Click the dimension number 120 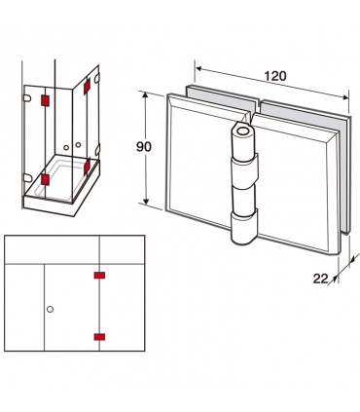coord(275,76)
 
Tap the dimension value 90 coord(144,147)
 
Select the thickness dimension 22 coord(320,279)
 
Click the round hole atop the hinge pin coord(242,131)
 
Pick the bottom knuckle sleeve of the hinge coord(244,226)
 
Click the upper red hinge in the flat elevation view coord(99,276)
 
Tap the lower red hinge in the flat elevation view coord(99,337)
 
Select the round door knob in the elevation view coord(50,309)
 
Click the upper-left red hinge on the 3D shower coord(45,100)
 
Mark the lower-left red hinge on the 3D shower coord(45,179)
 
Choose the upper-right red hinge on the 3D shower coord(87,87)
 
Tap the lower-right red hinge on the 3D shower coord(87,168)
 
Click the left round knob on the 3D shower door coord(66,148)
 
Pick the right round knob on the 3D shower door coord(78,144)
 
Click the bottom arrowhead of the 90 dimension coord(147,202)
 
